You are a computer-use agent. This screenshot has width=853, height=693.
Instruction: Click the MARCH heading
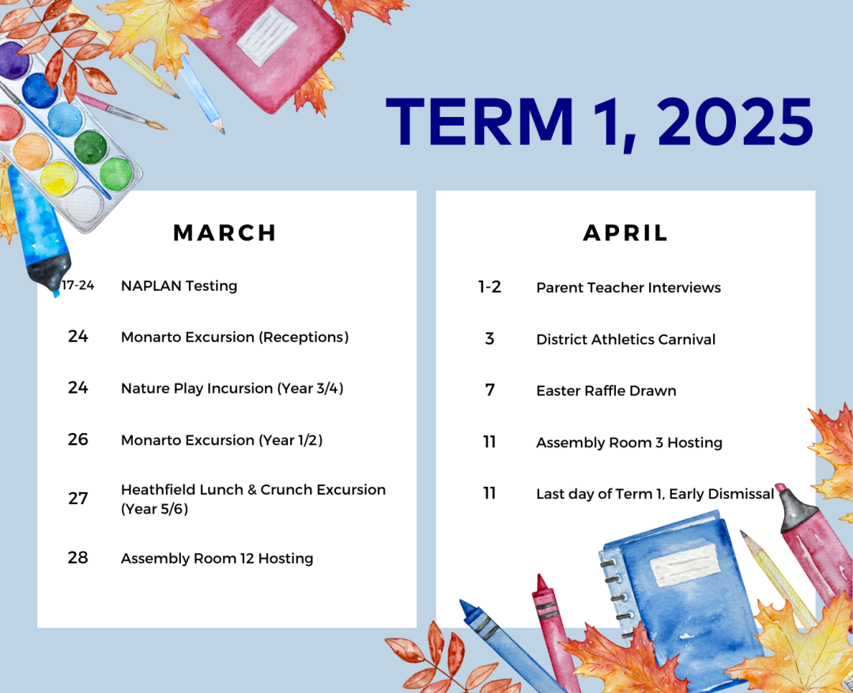tap(225, 233)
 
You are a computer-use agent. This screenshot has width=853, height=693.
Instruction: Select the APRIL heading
tap(625, 233)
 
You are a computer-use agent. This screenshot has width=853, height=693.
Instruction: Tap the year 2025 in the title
tap(735, 122)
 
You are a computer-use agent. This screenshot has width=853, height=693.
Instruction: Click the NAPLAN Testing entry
tap(179, 285)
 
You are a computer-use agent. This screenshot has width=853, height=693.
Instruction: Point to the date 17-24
tap(77, 285)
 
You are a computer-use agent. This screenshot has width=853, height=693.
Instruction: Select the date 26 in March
tap(77, 439)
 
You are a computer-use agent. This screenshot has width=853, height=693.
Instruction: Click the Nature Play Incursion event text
tap(232, 389)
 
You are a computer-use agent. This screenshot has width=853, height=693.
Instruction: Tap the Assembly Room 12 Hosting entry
tap(217, 558)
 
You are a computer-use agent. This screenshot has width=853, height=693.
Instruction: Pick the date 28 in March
tap(77, 557)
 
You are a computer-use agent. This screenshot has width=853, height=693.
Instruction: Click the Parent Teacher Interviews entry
tap(628, 287)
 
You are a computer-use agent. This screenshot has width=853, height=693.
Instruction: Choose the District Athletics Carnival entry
tap(625, 339)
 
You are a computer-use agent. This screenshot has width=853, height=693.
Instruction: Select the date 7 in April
tap(489, 390)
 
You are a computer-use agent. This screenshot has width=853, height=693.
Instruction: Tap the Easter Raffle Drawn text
tap(606, 390)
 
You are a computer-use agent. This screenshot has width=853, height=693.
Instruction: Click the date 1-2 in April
tap(489, 287)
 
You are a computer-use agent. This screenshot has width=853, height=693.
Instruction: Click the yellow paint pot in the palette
tap(58, 179)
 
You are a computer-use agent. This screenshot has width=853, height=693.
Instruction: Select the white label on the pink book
tap(268, 36)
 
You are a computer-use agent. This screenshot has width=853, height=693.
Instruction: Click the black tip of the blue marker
tap(50, 272)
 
